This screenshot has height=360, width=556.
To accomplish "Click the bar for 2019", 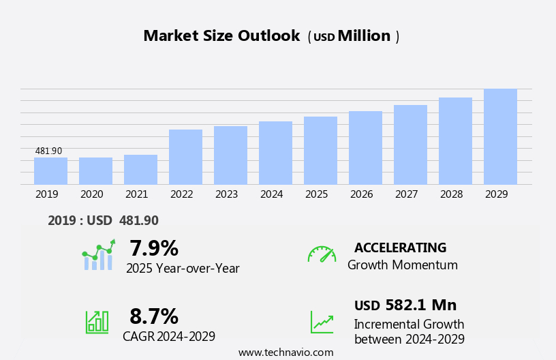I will [x=50, y=171].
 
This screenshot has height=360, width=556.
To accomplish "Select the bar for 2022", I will [x=185, y=157].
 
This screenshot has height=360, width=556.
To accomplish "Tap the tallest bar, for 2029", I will [x=500, y=136].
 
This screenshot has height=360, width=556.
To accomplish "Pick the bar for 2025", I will [x=320, y=151].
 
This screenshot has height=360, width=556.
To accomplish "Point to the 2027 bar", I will [x=410, y=145].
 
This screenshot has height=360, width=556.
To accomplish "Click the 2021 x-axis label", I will [x=136, y=194].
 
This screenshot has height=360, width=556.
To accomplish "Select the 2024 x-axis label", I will [x=271, y=194].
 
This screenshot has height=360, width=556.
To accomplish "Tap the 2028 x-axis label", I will [x=451, y=194].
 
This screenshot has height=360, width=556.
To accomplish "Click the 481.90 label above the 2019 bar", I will [x=48, y=151].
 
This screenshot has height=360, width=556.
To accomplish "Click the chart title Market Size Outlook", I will [x=221, y=36].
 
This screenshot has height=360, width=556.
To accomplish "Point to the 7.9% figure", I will [x=153, y=248].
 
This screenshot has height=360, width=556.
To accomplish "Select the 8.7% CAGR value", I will [x=153, y=316].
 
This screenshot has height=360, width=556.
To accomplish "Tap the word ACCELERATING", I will [x=400, y=248].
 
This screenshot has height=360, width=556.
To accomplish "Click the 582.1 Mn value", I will [x=420, y=305].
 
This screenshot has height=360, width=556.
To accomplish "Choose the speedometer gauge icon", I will [x=322, y=254].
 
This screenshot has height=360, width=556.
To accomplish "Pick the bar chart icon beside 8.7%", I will [x=97, y=321].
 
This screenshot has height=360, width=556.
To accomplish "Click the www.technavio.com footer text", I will [x=285, y=352].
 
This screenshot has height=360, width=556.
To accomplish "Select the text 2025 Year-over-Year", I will [x=183, y=269].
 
